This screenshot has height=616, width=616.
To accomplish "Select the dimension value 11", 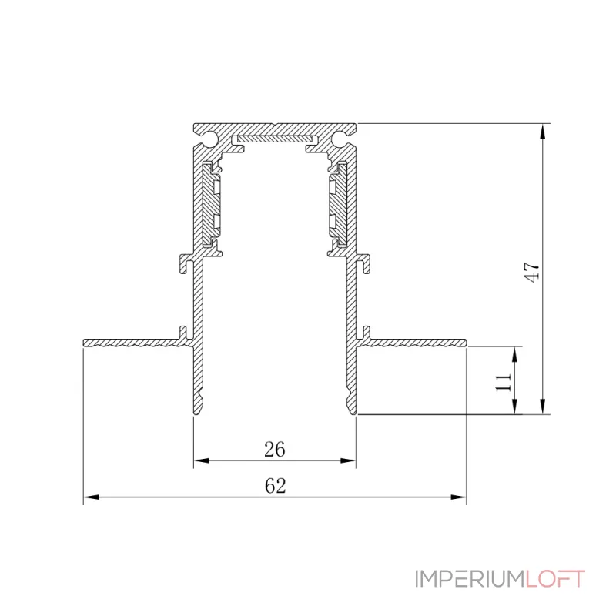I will pos(503,381).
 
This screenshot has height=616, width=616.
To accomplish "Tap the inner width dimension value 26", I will pos(275,449).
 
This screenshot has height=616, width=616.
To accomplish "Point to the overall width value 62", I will pos(275,486).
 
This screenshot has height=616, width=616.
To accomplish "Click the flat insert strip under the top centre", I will pos(275,139).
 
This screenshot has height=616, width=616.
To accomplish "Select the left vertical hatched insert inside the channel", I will pos(211,204).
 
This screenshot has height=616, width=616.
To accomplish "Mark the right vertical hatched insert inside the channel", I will pos(338,204).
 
